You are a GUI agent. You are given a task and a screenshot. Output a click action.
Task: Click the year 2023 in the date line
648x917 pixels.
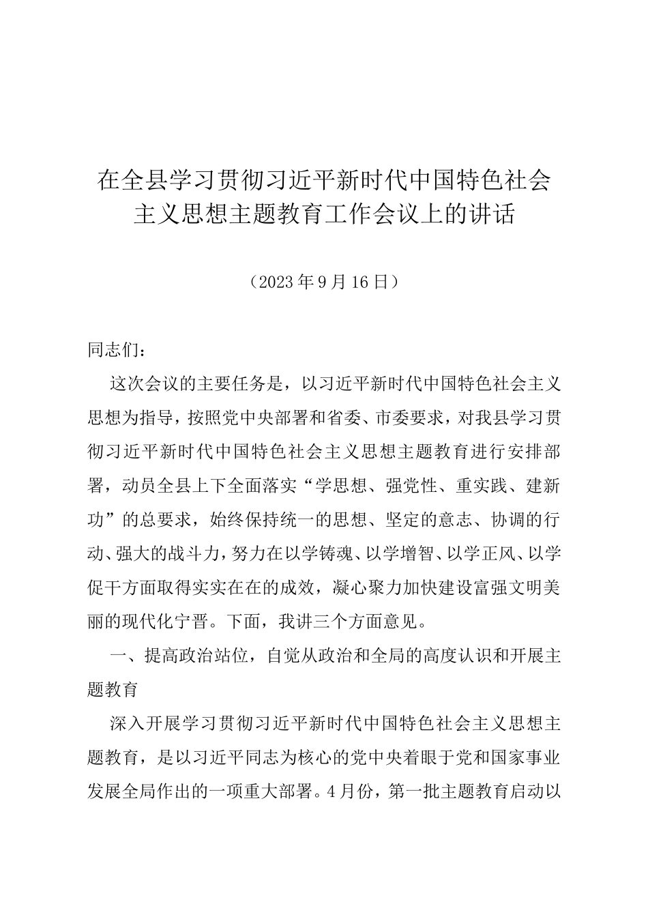[x=275, y=282]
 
